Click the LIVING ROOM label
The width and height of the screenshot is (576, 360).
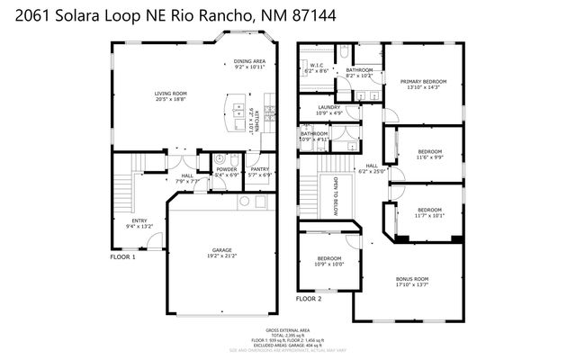click(x=169, y=94)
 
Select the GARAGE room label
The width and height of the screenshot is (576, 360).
click(x=221, y=249)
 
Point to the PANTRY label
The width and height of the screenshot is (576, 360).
click(x=260, y=169)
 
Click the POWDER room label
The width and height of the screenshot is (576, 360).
click(x=227, y=169)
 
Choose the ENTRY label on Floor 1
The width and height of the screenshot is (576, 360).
click(x=139, y=220)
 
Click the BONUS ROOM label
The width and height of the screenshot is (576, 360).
click(x=412, y=279)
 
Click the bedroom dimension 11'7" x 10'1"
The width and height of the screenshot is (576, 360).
click(x=429, y=215)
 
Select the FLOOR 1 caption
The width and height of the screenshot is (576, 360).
click(x=122, y=257)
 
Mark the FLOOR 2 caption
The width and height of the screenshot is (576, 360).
click(x=309, y=297)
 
